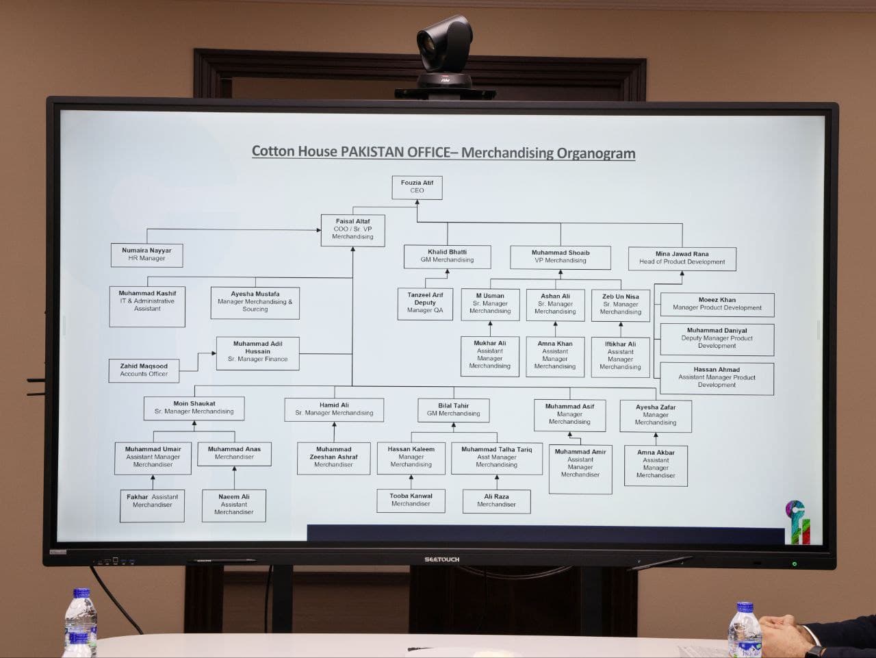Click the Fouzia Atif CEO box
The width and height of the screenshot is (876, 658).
pyautogui.click(x=417, y=187)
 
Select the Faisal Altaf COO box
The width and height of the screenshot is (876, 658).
pyautogui.click(x=352, y=229)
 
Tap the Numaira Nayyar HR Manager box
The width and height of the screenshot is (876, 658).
pyautogui.click(x=146, y=255)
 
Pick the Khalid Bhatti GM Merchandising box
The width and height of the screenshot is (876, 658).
pyautogui.click(x=447, y=256)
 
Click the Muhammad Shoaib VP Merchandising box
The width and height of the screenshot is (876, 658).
pyautogui.click(x=560, y=257)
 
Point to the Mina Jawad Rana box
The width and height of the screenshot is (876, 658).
pyautogui.click(x=682, y=258)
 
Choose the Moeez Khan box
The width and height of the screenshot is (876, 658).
pyautogui.click(x=717, y=304)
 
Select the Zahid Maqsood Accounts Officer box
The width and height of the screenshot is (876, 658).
pyautogui.click(x=144, y=370)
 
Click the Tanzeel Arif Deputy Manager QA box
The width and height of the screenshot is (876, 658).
pyautogui.click(x=425, y=303)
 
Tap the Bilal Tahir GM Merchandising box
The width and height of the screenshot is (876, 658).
pyautogui.click(x=454, y=409)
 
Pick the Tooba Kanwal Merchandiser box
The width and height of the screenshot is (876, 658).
pyautogui.click(x=411, y=500)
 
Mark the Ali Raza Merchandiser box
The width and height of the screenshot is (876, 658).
pyautogui.click(x=496, y=501)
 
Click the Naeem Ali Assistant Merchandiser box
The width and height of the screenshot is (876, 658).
pyautogui.click(x=233, y=505)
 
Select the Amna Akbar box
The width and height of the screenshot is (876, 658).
pyautogui.click(x=656, y=464)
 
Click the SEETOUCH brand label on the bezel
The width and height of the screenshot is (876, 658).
pyautogui.click(x=441, y=559)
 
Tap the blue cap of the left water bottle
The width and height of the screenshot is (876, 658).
pyautogui.click(x=81, y=593)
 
